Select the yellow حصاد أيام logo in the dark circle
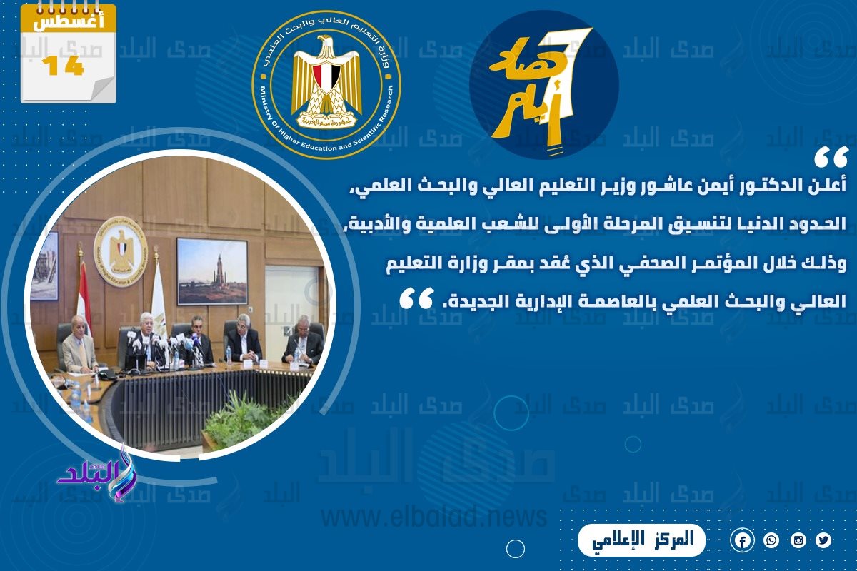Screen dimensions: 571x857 tap(543, 84)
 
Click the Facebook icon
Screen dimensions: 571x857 tap(743, 541)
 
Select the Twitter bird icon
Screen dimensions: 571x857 tap(824, 541)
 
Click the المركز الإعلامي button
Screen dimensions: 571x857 tap(641, 540)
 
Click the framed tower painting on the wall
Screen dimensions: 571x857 tap(211, 271)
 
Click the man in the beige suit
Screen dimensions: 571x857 tap(79, 349)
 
